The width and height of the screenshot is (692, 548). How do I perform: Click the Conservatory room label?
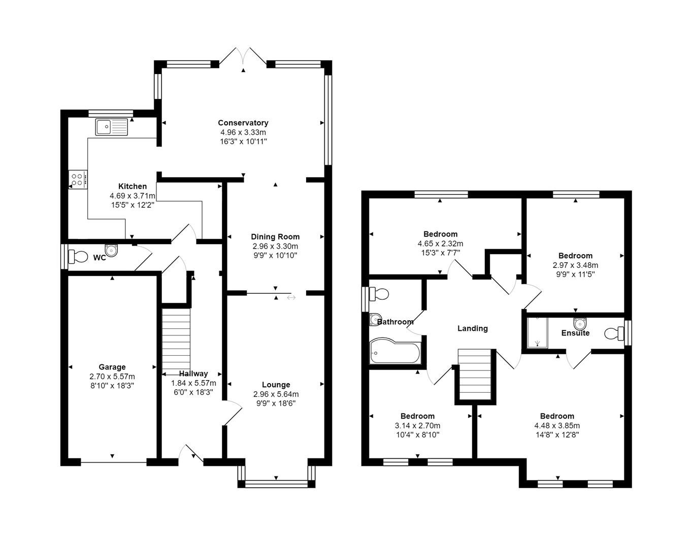[243, 123]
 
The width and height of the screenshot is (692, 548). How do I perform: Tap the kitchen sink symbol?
[112, 127]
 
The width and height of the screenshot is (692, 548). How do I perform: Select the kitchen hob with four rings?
[78, 180]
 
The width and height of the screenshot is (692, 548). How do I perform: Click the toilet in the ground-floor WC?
[78, 257]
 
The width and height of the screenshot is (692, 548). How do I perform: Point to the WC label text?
[100, 258]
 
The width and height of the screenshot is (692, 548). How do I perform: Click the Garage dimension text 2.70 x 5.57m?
[112, 376]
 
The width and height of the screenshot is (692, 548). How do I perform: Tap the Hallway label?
[193, 373]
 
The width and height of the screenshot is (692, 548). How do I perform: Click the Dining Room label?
[275, 237]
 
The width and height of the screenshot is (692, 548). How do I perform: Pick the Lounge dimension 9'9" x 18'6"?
[276, 403]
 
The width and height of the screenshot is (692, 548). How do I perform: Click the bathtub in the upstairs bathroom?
[395, 351]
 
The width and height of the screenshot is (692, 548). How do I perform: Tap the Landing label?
[473, 328]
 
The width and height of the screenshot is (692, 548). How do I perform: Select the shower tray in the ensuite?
[537, 333]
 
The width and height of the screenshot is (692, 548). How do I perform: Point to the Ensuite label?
[575, 333]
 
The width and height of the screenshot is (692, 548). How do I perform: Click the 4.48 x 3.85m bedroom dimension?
[557, 426]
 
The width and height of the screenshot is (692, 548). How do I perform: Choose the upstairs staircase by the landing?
[475, 374]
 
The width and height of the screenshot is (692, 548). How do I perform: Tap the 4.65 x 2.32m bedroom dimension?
[441, 244]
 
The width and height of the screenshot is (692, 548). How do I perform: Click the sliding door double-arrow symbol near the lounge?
[291, 298]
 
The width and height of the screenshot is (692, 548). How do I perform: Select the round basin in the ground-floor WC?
[112, 250]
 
